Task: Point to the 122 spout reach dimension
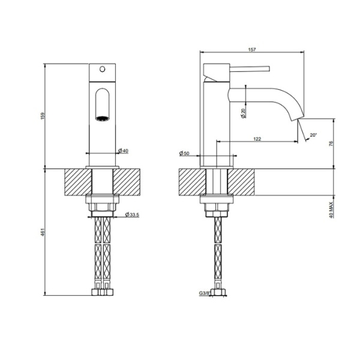pos(257,139)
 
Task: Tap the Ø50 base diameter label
pos(184,154)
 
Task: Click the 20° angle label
pos(313,135)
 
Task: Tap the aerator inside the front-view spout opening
pos(103,118)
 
